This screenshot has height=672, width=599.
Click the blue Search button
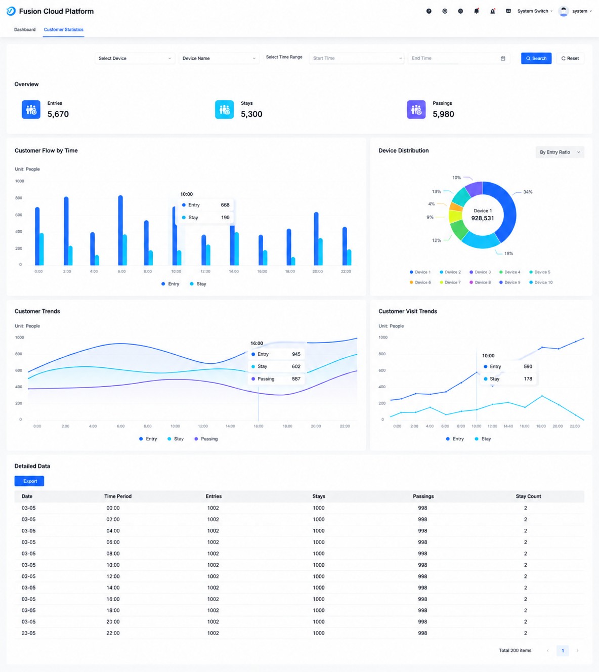(x=536, y=58)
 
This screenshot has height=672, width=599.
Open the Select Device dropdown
(x=135, y=58)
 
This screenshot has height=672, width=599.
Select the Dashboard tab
(x=25, y=29)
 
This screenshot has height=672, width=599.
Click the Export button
(x=29, y=481)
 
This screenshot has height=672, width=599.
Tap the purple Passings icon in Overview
(x=416, y=109)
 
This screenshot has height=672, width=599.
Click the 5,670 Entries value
(x=58, y=114)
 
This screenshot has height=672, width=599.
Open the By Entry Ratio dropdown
(x=560, y=152)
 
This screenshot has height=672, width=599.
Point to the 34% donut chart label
(x=528, y=192)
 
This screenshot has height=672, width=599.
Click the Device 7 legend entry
(x=450, y=282)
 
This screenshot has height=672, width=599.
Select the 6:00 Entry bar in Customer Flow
(x=120, y=230)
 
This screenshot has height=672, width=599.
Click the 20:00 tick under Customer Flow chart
(x=317, y=271)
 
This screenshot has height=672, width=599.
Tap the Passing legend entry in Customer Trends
(x=206, y=439)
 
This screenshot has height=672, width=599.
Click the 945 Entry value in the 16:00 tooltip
(x=296, y=354)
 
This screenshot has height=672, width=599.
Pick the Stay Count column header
(x=528, y=496)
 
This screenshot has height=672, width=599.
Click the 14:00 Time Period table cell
(x=113, y=588)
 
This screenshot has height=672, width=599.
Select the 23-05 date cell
(x=28, y=633)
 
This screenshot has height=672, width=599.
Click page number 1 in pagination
(x=563, y=650)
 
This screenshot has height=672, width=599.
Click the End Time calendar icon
(x=503, y=58)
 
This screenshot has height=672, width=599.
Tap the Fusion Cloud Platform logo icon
(x=11, y=11)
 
